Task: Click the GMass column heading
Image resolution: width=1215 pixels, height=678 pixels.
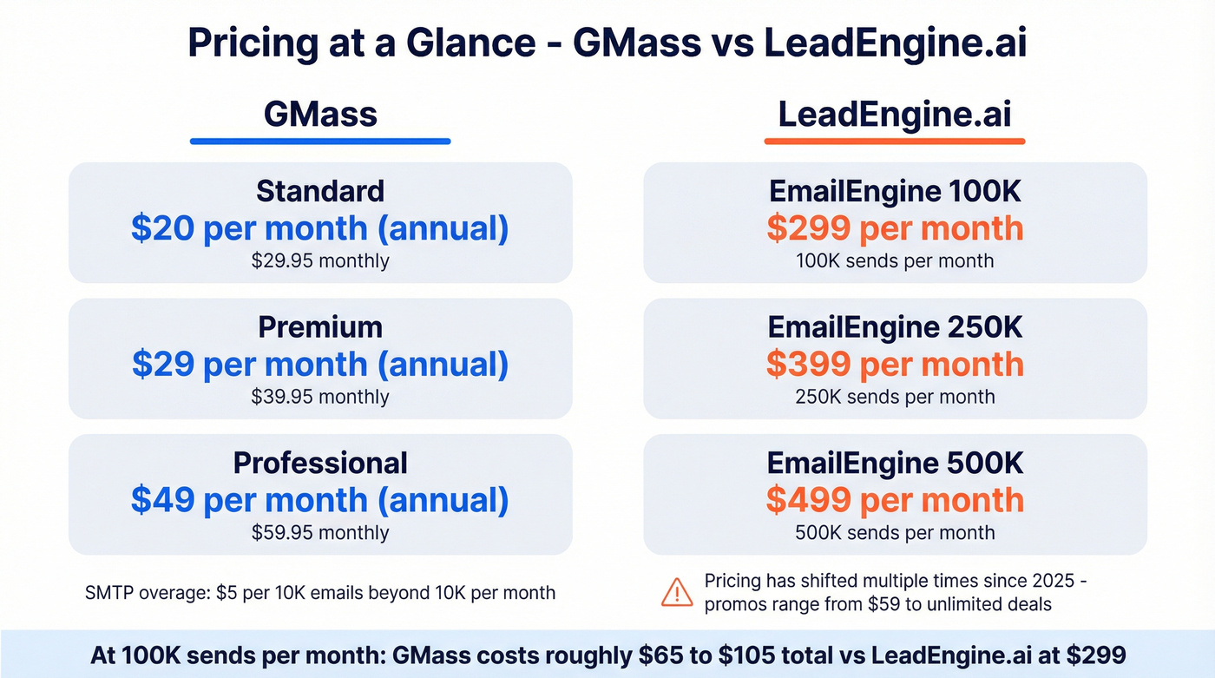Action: click(320, 115)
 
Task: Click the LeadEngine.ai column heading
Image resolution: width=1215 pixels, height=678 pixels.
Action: click(895, 115)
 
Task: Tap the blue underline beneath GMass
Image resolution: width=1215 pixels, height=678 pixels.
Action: click(320, 141)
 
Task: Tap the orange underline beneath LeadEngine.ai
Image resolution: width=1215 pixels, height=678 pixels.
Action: click(895, 141)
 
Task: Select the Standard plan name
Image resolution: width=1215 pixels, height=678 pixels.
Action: click(320, 191)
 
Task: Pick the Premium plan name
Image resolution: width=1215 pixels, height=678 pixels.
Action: click(320, 327)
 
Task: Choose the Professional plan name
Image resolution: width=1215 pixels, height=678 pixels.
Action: click(320, 463)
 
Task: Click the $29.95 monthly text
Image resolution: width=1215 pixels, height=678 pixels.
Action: click(320, 260)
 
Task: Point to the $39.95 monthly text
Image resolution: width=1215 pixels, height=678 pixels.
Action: click(320, 397)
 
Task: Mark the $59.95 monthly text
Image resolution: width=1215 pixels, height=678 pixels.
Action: click(320, 532)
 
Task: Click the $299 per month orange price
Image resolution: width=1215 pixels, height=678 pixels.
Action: click(895, 228)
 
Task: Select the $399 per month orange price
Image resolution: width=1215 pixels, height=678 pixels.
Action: click(895, 365)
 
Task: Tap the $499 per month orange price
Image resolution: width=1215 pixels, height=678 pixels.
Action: click(895, 500)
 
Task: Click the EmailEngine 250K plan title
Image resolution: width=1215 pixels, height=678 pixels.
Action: click(895, 327)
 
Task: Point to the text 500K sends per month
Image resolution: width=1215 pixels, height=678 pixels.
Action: click(895, 532)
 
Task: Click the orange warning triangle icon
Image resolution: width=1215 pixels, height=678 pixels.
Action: click(677, 592)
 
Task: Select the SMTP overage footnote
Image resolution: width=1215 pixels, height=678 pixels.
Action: click(320, 594)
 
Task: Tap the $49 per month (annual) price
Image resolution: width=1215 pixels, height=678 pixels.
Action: click(320, 500)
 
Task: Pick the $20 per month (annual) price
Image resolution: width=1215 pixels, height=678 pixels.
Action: click(320, 228)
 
